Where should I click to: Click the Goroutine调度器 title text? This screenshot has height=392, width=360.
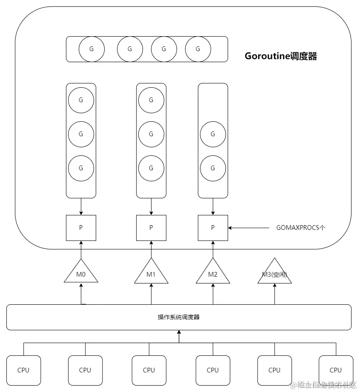(280, 56)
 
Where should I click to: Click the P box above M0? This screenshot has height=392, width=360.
(81, 228)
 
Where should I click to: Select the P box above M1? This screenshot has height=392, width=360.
(151, 228)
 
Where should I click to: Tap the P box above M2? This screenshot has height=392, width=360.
(213, 228)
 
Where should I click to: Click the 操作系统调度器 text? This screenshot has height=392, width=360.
(179, 317)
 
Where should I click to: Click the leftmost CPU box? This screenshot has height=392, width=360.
(23, 370)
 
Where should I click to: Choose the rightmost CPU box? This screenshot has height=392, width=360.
(336, 370)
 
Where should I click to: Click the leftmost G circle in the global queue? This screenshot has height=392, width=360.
(91, 49)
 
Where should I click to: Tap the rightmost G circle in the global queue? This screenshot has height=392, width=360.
(198, 49)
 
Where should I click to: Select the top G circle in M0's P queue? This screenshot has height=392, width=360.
(81, 100)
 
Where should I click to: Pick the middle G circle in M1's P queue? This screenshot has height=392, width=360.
(151, 134)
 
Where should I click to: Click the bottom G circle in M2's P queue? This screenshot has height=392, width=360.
(213, 168)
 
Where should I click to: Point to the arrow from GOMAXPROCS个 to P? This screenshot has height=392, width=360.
(251, 228)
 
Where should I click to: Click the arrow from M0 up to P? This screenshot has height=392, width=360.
(81, 249)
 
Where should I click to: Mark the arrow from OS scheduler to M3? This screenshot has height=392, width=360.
(274, 294)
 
